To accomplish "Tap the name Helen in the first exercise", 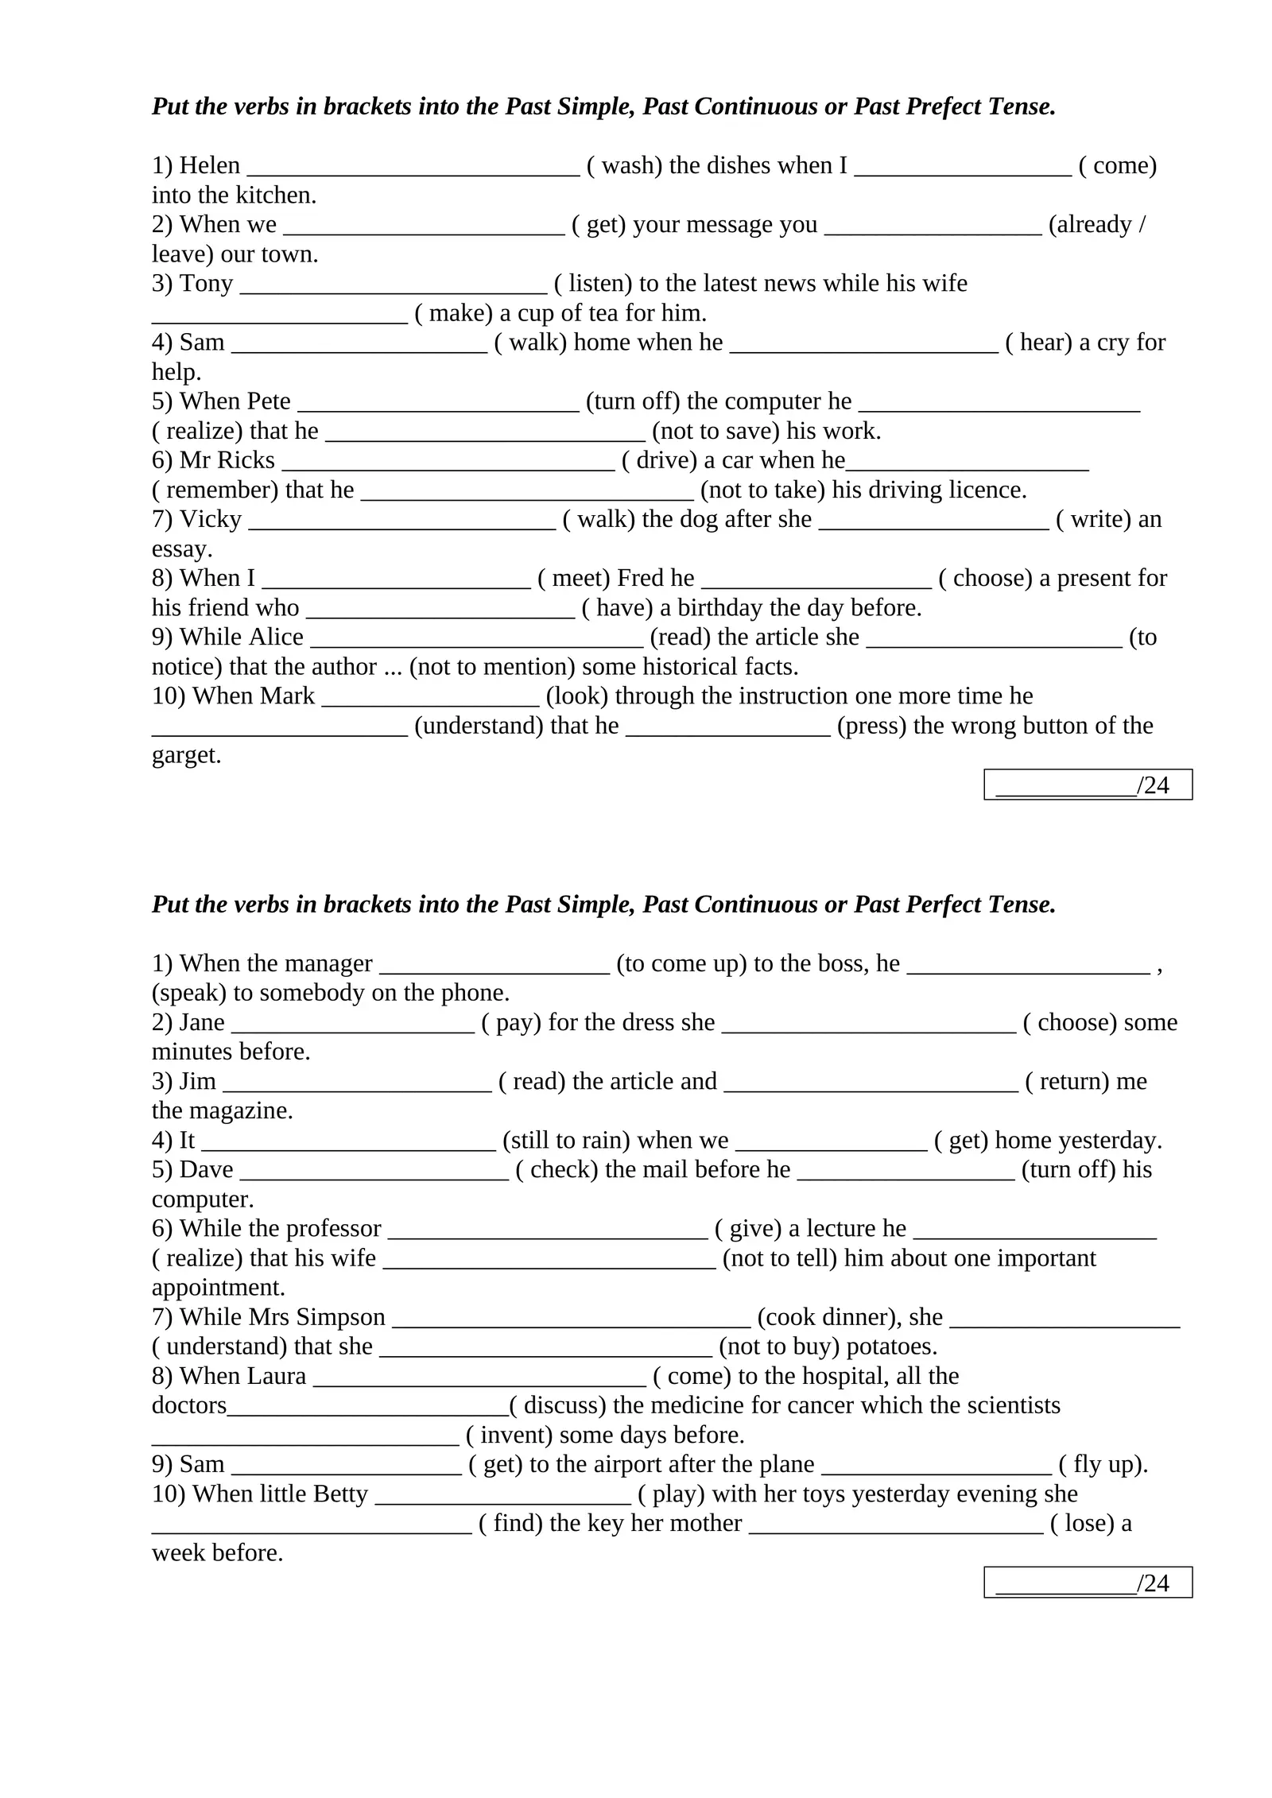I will tap(209, 165).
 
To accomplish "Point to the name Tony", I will tap(206, 284).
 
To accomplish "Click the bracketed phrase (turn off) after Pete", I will tap(632, 401).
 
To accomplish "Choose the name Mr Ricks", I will tap(227, 460).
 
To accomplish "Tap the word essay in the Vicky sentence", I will tap(181, 549).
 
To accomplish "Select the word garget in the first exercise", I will tap(185, 755).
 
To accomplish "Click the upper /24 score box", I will tap(1087, 785).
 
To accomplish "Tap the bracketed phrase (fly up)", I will tap(1103, 1464).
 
